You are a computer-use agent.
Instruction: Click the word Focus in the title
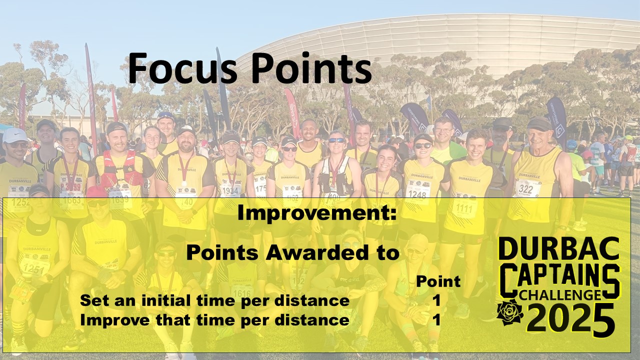point(182,68)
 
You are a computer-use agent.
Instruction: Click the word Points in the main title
point(311,68)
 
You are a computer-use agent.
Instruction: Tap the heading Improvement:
point(317,213)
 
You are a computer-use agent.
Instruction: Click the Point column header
point(438,281)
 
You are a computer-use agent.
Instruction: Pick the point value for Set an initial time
point(436,301)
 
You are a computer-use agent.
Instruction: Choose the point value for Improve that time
point(436,320)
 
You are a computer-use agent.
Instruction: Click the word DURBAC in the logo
point(558,247)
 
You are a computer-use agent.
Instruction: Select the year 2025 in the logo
point(570,320)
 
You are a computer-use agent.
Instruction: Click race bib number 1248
point(417,194)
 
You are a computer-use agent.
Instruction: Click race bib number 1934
point(230,190)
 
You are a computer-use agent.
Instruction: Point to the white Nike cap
point(15,135)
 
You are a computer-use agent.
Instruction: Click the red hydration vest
point(120,168)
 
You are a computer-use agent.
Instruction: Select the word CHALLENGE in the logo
point(560,295)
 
